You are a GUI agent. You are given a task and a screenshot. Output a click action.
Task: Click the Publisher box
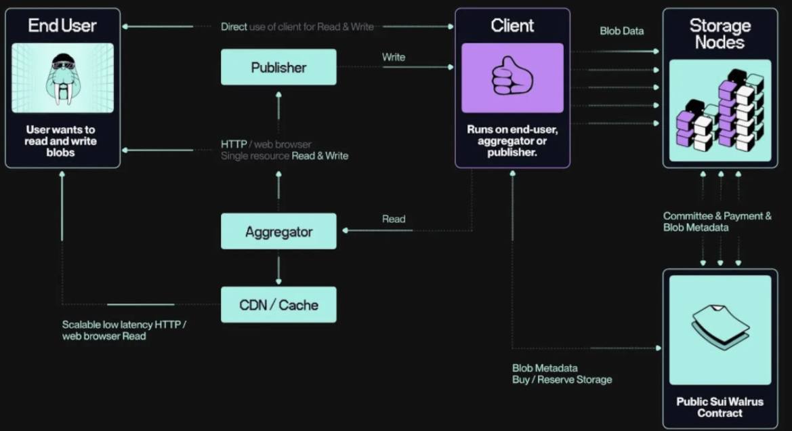278,67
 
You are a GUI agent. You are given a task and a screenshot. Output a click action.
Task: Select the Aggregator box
278,232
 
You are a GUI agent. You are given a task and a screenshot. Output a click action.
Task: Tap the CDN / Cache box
278,304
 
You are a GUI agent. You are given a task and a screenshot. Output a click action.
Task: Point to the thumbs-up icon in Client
512,77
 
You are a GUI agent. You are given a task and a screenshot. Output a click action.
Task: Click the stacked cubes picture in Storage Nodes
720,110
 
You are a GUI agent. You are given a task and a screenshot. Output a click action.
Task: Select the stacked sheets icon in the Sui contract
720,326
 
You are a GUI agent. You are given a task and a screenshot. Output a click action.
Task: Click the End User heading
62,26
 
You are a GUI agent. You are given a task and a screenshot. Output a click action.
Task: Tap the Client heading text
512,26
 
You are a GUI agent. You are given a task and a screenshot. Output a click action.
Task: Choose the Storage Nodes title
720,34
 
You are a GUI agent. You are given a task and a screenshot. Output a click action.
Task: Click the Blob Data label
621,31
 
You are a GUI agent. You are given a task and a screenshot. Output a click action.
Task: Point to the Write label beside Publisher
394,57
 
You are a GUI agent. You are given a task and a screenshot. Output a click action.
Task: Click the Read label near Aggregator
394,219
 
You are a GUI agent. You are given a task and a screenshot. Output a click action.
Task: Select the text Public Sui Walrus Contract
720,407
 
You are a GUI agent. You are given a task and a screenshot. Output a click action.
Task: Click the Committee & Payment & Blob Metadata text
717,222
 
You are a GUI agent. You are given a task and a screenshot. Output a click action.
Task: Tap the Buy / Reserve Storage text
562,379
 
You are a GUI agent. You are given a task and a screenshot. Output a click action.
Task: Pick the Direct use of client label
297,26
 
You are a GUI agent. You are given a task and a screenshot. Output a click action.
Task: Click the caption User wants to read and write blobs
61,141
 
